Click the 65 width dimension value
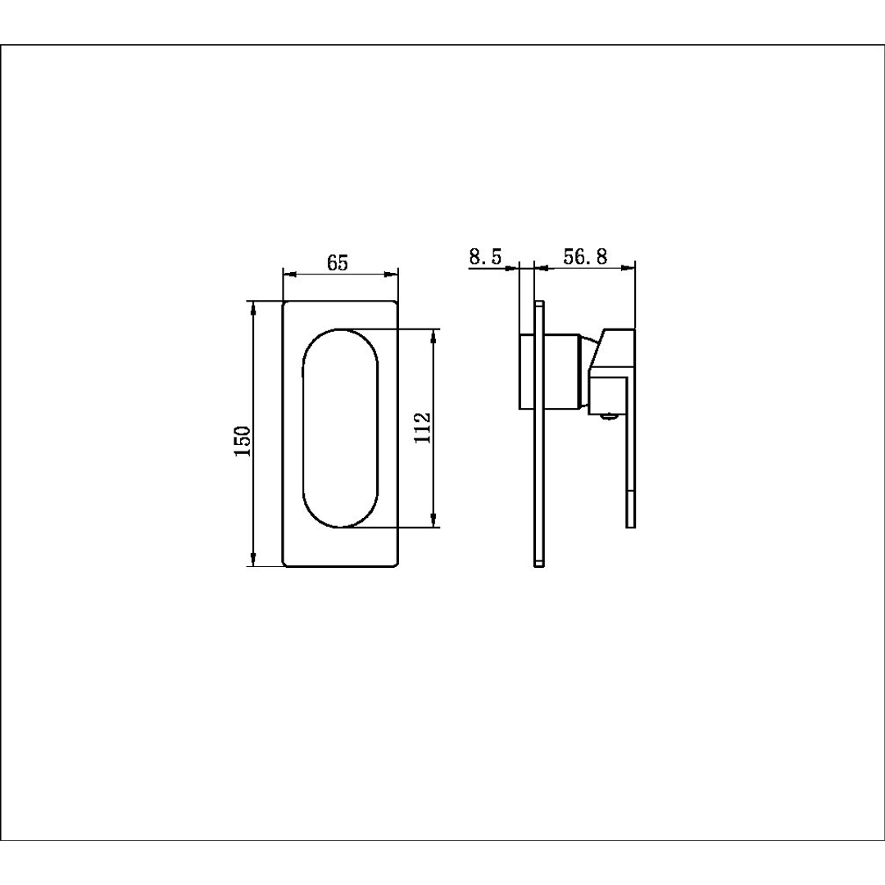(x=338, y=263)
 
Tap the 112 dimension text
(x=423, y=427)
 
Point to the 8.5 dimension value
(x=484, y=256)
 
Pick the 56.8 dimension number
(x=585, y=256)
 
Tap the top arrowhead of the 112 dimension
(x=433, y=334)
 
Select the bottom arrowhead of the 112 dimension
(x=433, y=520)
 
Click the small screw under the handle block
(x=607, y=415)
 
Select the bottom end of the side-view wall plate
(x=538, y=563)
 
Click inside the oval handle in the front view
(x=341, y=427)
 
